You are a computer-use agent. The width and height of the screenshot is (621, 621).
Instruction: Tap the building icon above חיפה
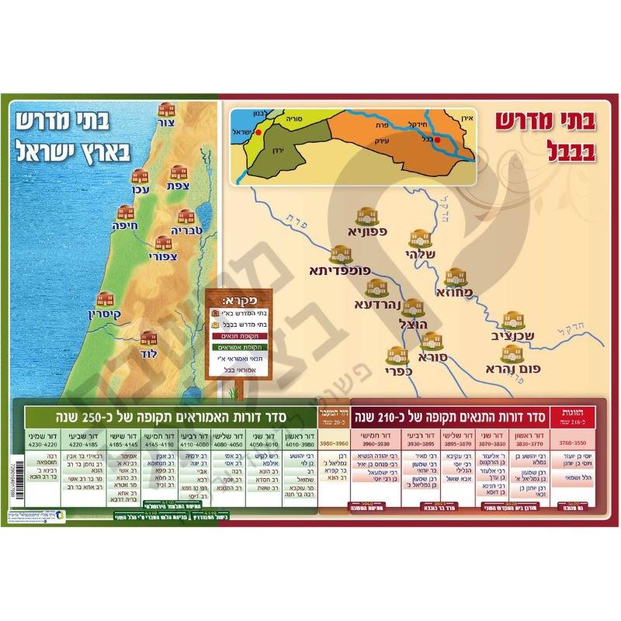pos(126,213)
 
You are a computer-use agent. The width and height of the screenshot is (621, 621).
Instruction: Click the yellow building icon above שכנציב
pos(511,321)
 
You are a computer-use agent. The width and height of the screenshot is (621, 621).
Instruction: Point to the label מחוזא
pos(463,293)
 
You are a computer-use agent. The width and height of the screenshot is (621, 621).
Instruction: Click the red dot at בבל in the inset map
pos(437,141)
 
